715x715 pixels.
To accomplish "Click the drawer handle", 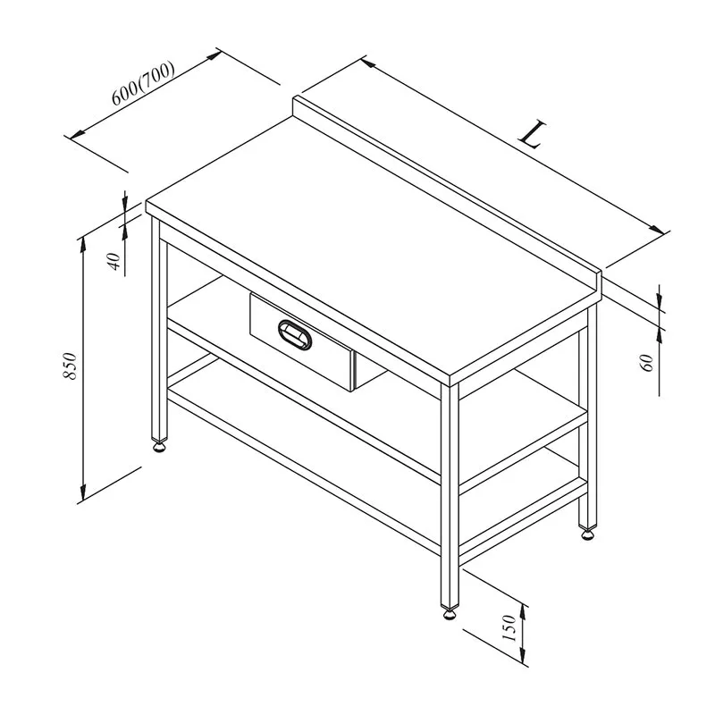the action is [295, 334].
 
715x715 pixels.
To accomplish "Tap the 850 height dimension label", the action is [71, 366].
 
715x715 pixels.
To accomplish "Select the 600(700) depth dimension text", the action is [143, 83].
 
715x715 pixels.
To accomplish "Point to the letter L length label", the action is [533, 134].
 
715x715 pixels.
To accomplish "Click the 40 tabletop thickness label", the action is [114, 261].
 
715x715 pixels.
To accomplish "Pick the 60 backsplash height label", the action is [647, 363].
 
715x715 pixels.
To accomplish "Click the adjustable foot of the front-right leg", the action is [450, 614].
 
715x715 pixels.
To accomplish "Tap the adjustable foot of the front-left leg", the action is [159, 447].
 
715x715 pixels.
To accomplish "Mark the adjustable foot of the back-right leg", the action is [588, 533].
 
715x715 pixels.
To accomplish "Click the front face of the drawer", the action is [302, 342].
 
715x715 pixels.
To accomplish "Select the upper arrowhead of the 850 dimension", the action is [82, 245].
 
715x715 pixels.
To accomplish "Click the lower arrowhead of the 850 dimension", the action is [82, 492].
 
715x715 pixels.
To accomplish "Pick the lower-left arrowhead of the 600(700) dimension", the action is [78, 133].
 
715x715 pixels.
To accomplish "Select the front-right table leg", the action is [450, 495].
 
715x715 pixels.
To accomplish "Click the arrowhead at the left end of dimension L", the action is [369, 63].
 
